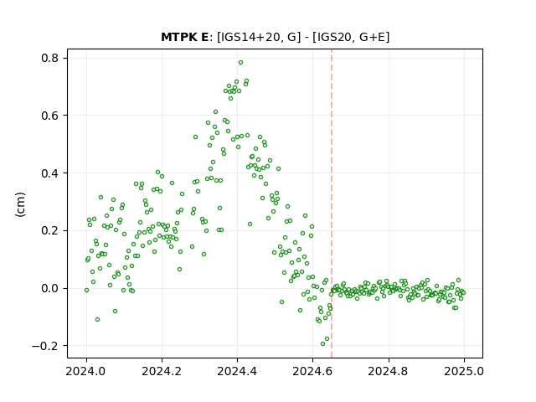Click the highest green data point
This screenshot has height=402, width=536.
[240, 63]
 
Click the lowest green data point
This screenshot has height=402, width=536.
[322, 343]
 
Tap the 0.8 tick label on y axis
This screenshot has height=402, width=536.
[49, 58]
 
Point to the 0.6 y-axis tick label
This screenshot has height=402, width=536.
[49, 116]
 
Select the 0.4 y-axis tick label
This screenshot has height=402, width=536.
[49, 173]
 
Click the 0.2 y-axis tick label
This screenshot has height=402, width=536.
[49, 231]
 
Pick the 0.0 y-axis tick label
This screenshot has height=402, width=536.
[49, 288]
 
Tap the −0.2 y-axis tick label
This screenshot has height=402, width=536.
[45, 346]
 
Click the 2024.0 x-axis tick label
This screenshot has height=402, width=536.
[86, 371]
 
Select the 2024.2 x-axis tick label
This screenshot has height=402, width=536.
[162, 371]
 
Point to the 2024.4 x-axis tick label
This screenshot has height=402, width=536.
[237, 371]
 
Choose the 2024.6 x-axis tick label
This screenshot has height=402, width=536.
[312, 371]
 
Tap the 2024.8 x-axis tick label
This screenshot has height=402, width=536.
[389, 371]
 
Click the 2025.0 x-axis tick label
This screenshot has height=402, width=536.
[464, 371]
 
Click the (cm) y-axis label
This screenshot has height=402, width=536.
[20, 204]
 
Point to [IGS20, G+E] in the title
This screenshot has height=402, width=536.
[351, 37]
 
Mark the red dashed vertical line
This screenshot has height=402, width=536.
[332, 204]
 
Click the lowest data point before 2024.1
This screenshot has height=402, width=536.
[97, 319]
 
